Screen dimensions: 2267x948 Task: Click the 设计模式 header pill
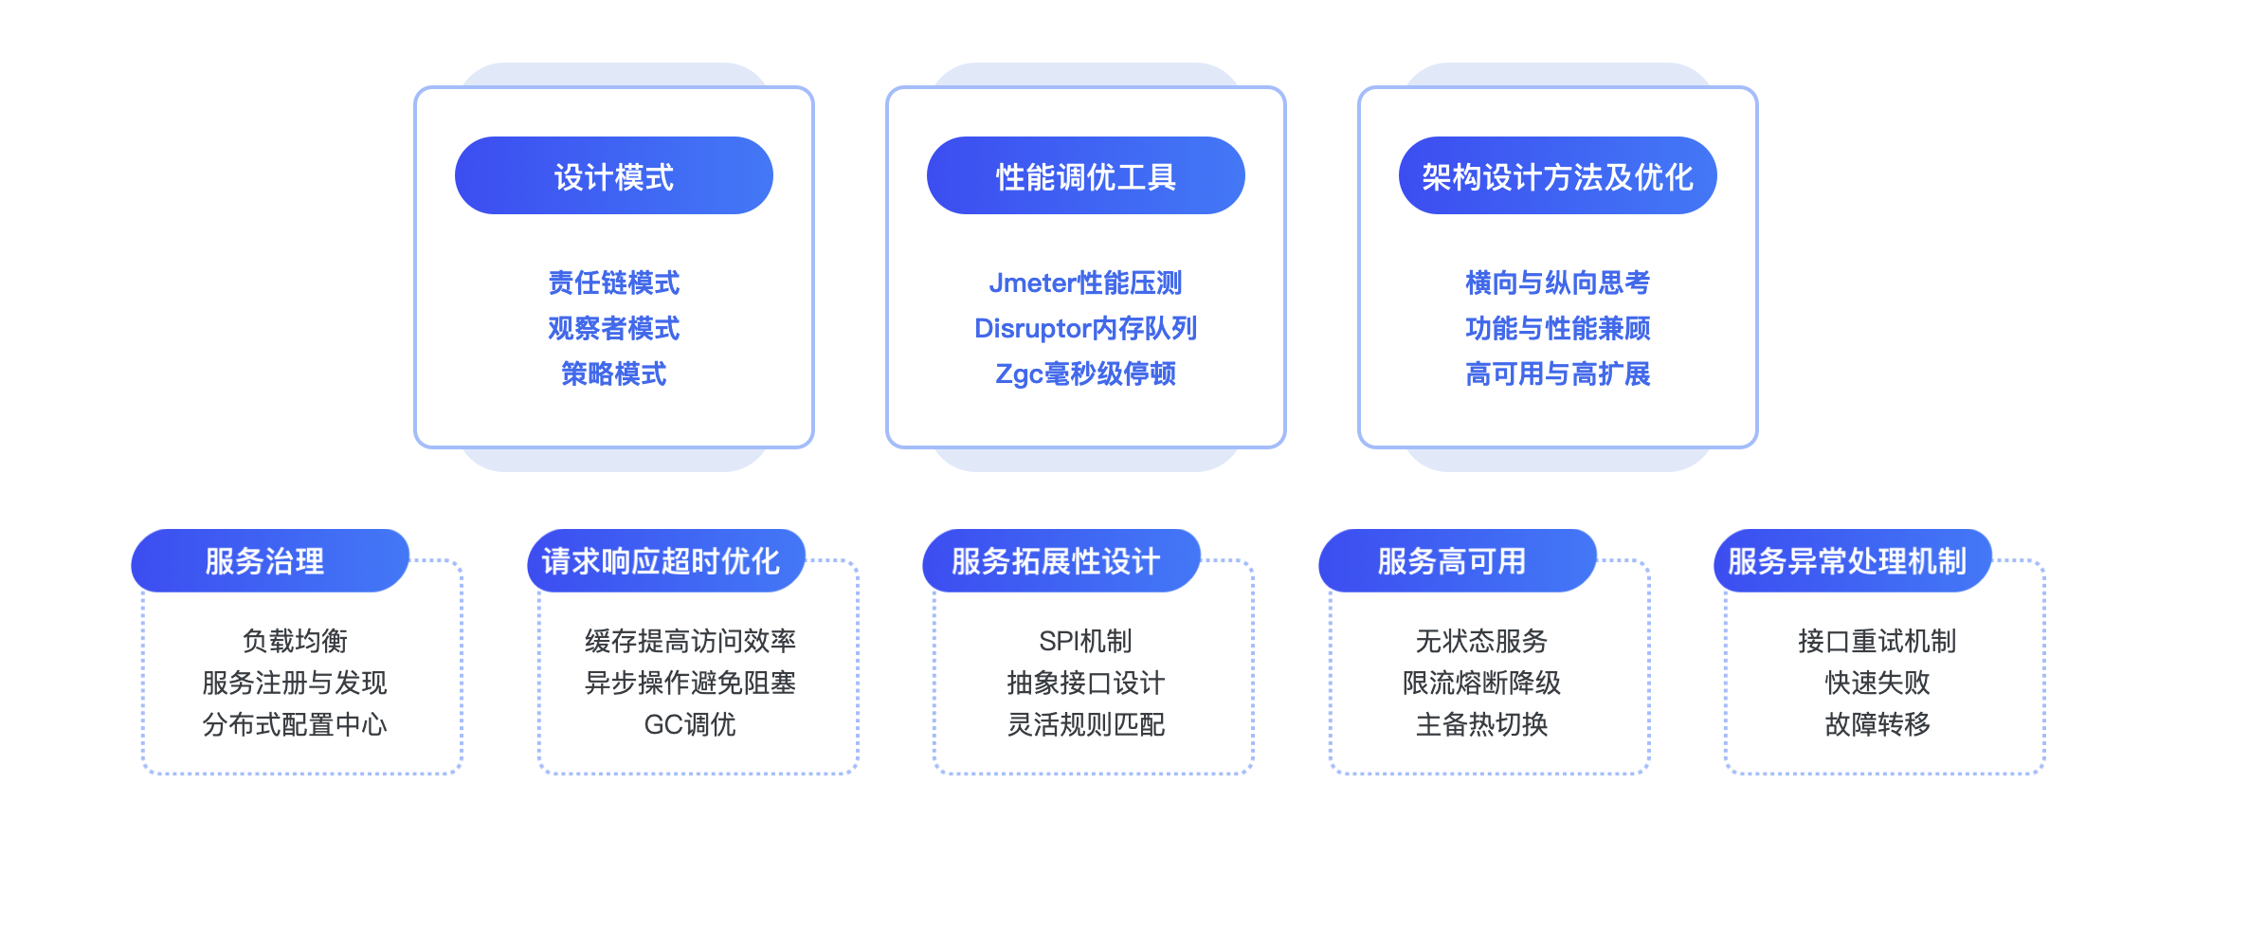(614, 175)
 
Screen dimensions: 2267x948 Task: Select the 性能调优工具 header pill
(1086, 175)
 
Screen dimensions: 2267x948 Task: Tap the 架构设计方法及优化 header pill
(1558, 175)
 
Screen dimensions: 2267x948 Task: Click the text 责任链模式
(614, 283)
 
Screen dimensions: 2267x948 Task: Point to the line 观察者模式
(614, 328)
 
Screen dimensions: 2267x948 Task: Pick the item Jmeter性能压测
(1086, 283)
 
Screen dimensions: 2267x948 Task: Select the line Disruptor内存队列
(1086, 328)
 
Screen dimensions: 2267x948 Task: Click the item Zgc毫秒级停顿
(1086, 374)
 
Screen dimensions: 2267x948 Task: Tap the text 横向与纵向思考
(1558, 283)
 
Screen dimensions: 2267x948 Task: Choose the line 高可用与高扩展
(1558, 374)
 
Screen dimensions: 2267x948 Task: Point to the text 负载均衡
(296, 641)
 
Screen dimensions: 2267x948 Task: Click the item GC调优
(690, 724)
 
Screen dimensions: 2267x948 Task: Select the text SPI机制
(1086, 641)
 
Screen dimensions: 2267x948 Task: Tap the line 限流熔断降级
(1482, 683)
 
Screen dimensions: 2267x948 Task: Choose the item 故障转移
(1877, 724)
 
